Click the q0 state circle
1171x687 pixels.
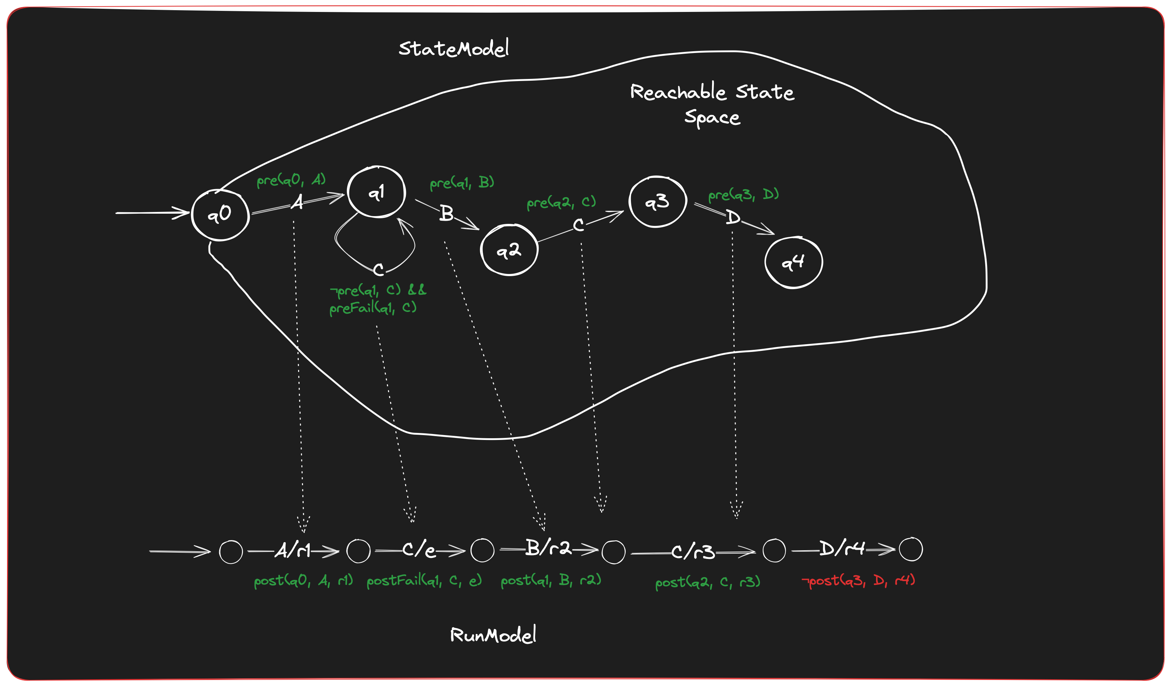tap(220, 215)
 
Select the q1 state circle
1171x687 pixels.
tap(376, 191)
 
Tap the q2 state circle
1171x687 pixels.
tap(509, 250)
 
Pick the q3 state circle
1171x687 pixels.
tap(658, 201)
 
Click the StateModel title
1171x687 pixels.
tap(454, 48)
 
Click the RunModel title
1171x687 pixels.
tap(493, 635)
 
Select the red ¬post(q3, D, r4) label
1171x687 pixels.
tap(858, 581)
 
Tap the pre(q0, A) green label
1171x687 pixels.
tap(291, 180)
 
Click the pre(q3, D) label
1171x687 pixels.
tap(743, 194)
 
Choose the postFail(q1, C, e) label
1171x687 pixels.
tap(424, 581)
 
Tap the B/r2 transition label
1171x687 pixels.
tap(548, 548)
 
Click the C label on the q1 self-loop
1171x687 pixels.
tap(379, 269)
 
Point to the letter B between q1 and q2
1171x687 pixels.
tap(446, 214)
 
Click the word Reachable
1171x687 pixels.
tap(678, 92)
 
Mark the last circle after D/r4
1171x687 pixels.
tap(911, 549)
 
